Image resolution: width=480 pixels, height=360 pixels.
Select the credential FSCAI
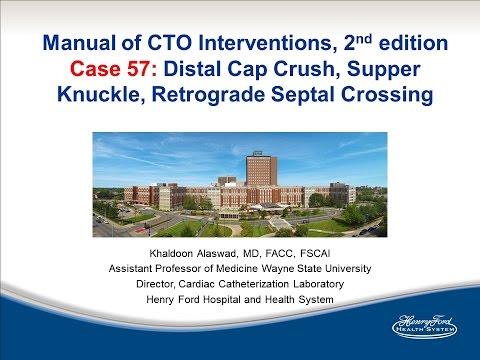point(321,251)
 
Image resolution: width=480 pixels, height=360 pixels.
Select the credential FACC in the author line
point(285,251)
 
